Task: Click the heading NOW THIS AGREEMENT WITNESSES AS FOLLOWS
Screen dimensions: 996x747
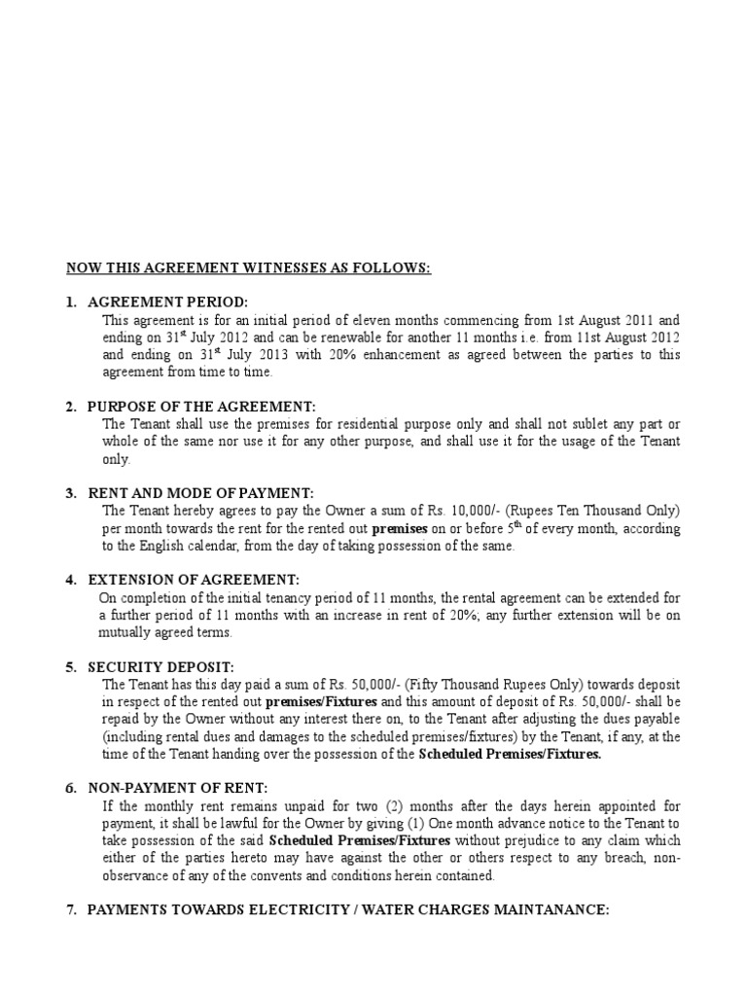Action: (248, 267)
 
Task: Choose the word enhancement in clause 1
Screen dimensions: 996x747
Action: (380, 354)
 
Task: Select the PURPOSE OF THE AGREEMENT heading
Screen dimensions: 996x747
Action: (201, 407)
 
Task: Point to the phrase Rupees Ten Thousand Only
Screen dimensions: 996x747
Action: (594, 511)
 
